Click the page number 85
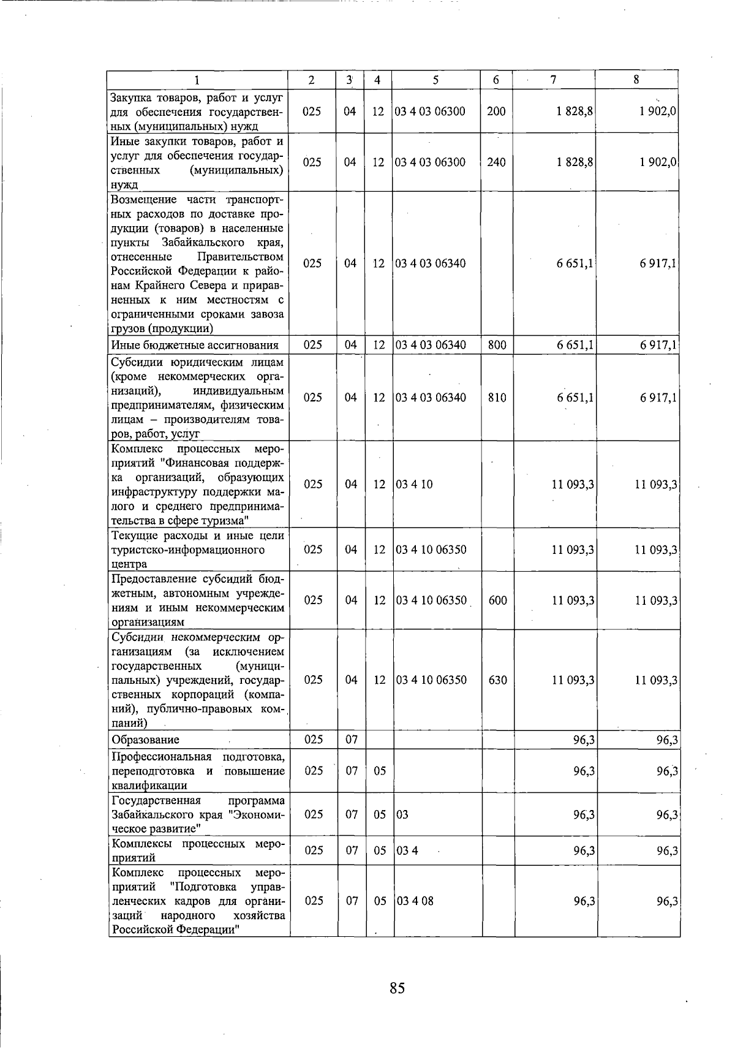coord(397,988)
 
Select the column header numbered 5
coord(435,80)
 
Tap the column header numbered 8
coord(637,80)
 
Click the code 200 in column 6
coord(496,112)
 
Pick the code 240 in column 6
coord(496,162)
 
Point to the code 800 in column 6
coord(497,345)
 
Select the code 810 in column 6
coord(497,398)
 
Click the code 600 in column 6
coord(498,600)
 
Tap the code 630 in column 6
coord(498,680)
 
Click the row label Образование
coord(145,740)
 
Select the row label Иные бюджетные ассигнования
coord(195,345)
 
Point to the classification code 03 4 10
coord(415,485)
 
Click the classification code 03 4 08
coord(415,901)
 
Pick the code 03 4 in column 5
coord(407,851)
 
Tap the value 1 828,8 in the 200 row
coord(575,112)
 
